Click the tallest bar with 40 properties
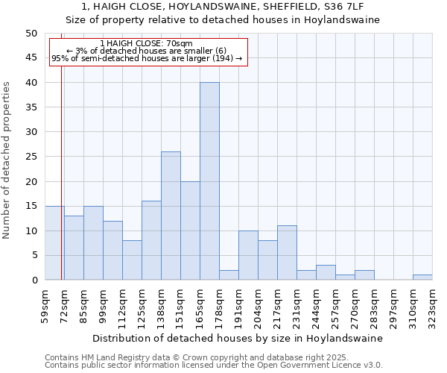[209, 181]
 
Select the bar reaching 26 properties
[171, 216]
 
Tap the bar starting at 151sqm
[190, 231]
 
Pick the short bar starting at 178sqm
[229, 275]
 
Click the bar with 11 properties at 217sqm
[287, 253]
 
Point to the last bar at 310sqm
[422, 278]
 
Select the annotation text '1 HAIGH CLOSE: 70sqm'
[146, 44]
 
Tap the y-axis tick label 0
[34, 280]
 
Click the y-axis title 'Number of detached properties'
[7, 160]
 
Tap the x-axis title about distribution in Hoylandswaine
[238, 338]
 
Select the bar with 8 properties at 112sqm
[132, 260]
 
